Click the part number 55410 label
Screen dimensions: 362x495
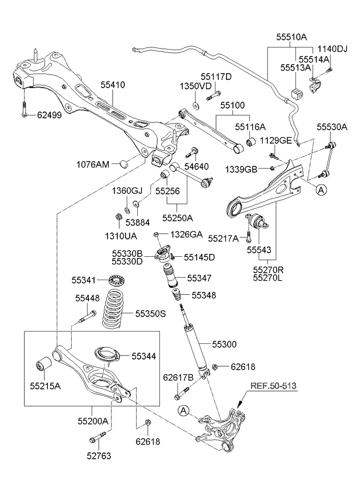(x=113, y=85)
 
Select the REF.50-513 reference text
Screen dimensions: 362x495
(x=274, y=386)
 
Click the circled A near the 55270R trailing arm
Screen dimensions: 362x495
(x=321, y=190)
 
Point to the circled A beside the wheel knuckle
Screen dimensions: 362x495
(x=183, y=410)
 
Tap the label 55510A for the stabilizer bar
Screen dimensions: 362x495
(x=291, y=37)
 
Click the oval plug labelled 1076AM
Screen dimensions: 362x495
(x=124, y=164)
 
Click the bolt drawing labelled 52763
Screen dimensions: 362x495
(x=99, y=437)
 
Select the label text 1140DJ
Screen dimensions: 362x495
(x=332, y=49)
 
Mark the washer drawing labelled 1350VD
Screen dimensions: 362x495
(x=196, y=105)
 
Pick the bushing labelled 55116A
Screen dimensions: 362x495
(x=252, y=142)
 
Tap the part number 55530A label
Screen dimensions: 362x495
(x=332, y=127)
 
